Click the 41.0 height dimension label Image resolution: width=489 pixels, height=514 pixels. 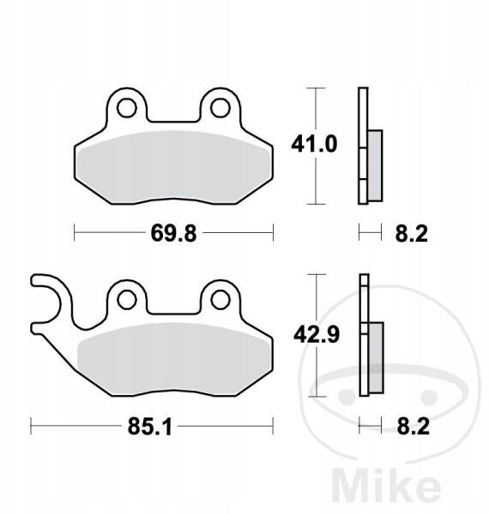(314, 144)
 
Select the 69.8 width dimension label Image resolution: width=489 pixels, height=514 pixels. (173, 233)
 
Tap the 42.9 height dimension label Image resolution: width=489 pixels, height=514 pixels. (317, 335)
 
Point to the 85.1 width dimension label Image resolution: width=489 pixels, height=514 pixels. (149, 427)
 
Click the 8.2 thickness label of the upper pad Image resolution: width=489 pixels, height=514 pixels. (412, 234)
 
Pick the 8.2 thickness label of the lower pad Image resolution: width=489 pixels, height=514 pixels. (414, 426)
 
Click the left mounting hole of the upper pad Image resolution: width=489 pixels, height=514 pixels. (127, 108)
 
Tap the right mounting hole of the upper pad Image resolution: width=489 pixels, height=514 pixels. (220, 108)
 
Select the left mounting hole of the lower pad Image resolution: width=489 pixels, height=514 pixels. (127, 300)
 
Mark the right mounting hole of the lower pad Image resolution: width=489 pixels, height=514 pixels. (220, 300)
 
